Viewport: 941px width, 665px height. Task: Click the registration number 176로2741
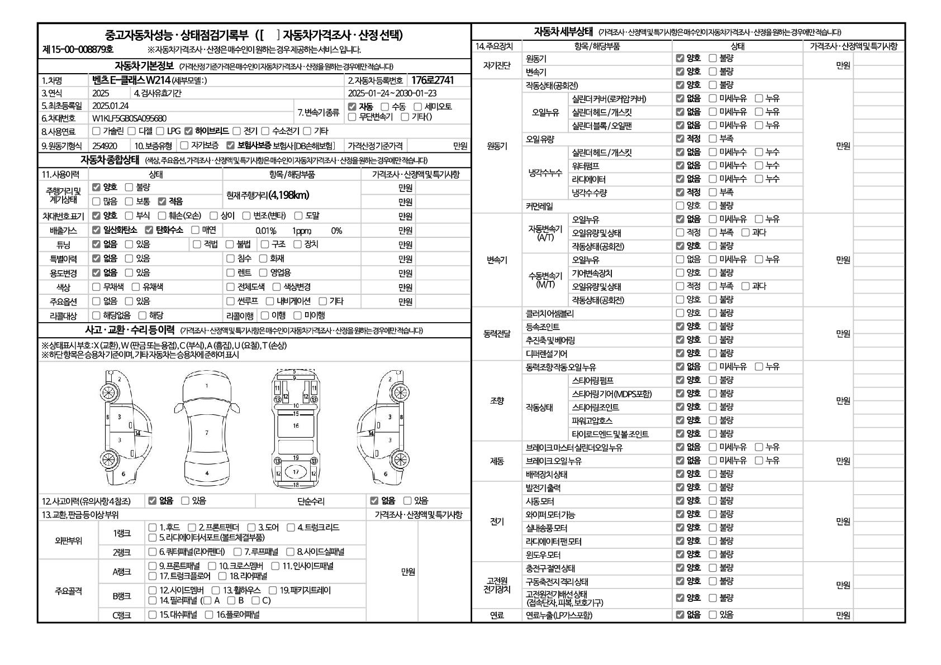click(x=433, y=80)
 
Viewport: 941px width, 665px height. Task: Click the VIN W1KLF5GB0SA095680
click(x=129, y=118)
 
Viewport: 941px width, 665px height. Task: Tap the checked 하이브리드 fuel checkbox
click(x=188, y=131)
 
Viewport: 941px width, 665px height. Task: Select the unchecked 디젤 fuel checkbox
click(x=131, y=131)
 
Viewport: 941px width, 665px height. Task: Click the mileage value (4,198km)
click(x=288, y=195)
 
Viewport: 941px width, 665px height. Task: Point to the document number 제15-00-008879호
click(x=78, y=50)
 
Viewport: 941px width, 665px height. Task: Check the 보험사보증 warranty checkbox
click(x=230, y=146)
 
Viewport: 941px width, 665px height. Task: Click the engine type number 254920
click(x=104, y=146)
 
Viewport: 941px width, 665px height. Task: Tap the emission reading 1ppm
click(x=302, y=231)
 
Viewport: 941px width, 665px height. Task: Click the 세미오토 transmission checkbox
click(x=417, y=107)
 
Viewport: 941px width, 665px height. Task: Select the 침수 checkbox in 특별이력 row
click(x=230, y=259)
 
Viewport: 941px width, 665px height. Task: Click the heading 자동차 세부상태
click(x=563, y=31)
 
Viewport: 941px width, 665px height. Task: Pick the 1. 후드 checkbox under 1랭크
click(x=153, y=527)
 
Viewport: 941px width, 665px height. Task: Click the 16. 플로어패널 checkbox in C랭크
click(x=209, y=615)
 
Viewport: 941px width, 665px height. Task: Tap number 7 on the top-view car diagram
click(x=207, y=433)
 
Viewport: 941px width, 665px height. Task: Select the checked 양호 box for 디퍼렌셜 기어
click(x=679, y=353)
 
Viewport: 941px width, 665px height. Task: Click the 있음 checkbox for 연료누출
click(x=712, y=615)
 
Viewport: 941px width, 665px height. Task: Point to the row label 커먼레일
click(x=539, y=206)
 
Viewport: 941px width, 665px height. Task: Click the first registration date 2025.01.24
click(x=110, y=106)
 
